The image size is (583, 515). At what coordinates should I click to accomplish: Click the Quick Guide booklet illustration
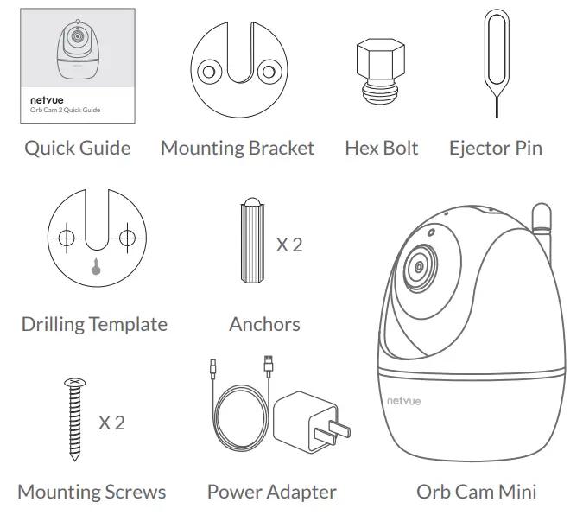[77, 66]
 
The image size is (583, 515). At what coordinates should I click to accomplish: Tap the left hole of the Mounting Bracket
[207, 71]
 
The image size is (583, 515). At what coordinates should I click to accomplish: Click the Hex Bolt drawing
[380, 73]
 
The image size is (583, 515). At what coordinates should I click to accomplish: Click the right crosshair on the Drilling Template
[128, 237]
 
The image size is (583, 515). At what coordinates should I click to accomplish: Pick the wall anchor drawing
[250, 242]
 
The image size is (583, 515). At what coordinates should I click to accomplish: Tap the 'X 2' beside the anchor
[289, 245]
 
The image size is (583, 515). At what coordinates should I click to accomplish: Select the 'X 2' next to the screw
[111, 423]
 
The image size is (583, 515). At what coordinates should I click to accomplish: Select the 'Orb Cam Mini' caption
[476, 492]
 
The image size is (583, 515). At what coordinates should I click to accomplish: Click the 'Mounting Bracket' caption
[238, 148]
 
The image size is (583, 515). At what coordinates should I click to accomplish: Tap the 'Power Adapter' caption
[271, 492]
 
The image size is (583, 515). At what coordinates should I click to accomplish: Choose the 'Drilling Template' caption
[94, 325]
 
